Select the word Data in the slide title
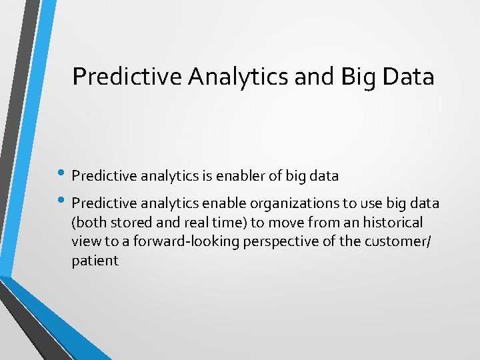[x=408, y=77]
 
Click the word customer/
[x=398, y=241]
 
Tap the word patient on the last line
[x=95, y=261]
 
